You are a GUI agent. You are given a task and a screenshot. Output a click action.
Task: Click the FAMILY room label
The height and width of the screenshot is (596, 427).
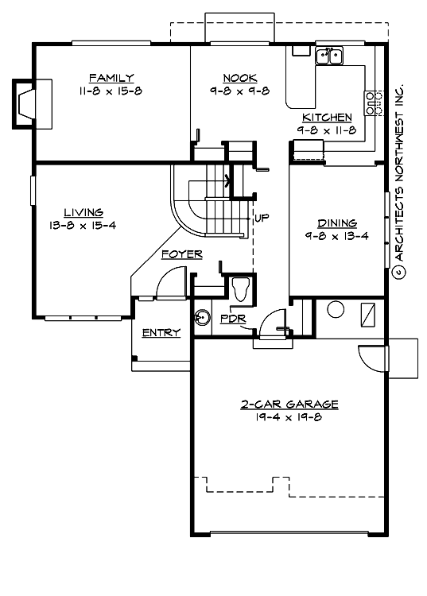(111, 77)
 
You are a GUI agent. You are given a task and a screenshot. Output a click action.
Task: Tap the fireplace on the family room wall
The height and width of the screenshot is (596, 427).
(32, 103)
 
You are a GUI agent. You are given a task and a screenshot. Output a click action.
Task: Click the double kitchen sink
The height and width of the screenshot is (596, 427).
(328, 56)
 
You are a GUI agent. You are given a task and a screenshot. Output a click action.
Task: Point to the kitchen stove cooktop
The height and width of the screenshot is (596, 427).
(371, 102)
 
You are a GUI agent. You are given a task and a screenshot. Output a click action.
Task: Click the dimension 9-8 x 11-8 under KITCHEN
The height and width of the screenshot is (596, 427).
(326, 130)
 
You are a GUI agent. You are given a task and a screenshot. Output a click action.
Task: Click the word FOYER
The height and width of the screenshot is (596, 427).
(181, 254)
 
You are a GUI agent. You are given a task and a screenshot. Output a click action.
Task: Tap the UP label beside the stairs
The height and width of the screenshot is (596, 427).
(259, 216)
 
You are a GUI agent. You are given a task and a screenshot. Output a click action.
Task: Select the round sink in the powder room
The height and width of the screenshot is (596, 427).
(200, 315)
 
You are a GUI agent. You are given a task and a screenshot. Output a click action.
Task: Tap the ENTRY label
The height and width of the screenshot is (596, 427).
(161, 332)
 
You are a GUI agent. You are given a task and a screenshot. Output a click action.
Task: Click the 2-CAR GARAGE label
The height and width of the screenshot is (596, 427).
(289, 404)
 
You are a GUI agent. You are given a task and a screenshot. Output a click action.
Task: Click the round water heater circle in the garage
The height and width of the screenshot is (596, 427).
(334, 312)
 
